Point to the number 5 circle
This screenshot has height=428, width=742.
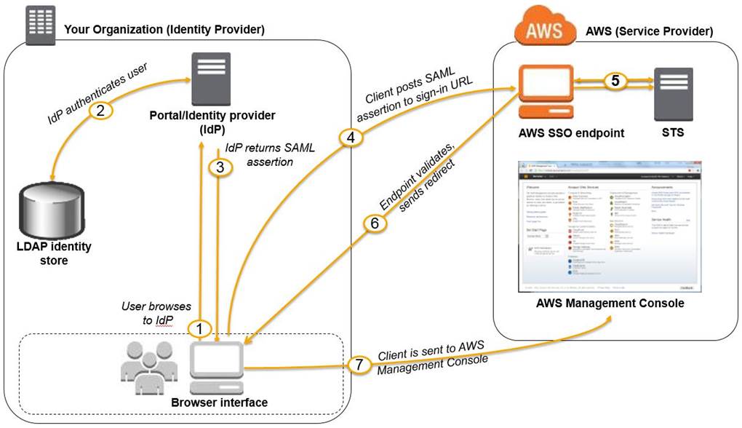(615, 81)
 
